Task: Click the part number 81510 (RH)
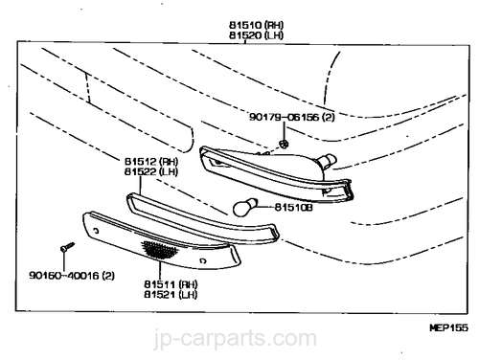tap(256, 25)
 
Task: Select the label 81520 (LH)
tap(256, 35)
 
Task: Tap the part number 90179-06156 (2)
tap(292, 117)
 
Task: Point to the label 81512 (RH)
tap(151, 162)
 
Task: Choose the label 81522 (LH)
tap(151, 171)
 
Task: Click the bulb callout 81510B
tap(294, 208)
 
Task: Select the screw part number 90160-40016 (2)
tap(72, 276)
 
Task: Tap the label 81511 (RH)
tap(171, 284)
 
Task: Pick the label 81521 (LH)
tap(171, 294)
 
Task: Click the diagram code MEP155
tap(448, 327)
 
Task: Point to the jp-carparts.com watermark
tap(236, 339)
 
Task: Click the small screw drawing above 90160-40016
tap(67, 247)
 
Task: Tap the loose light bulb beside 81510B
tap(245, 207)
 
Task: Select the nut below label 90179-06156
tap(284, 144)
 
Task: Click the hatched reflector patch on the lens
tap(160, 249)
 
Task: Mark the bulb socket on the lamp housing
tap(327, 161)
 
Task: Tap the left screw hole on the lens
tap(96, 231)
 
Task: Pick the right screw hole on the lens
tap(202, 260)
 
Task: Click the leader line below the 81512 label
tap(140, 186)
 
